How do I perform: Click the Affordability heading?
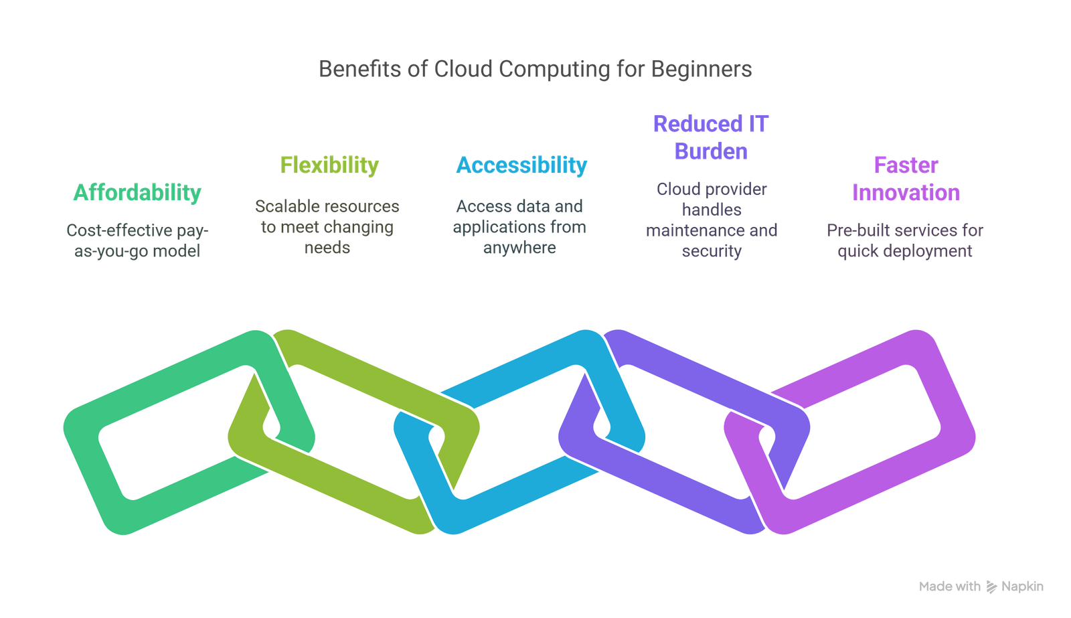coord(137,194)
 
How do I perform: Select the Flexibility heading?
coord(329,165)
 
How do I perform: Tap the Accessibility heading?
coord(521,165)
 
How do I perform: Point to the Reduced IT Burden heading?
coord(711,138)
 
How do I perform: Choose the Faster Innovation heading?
coord(906,179)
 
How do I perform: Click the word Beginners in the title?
coord(702,70)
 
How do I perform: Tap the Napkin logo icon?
coord(991,587)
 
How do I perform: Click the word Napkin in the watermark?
coord(1022,587)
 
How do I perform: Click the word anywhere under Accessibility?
coord(519,248)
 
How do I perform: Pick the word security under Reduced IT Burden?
coord(712,252)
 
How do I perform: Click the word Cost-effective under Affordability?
coord(119,230)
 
